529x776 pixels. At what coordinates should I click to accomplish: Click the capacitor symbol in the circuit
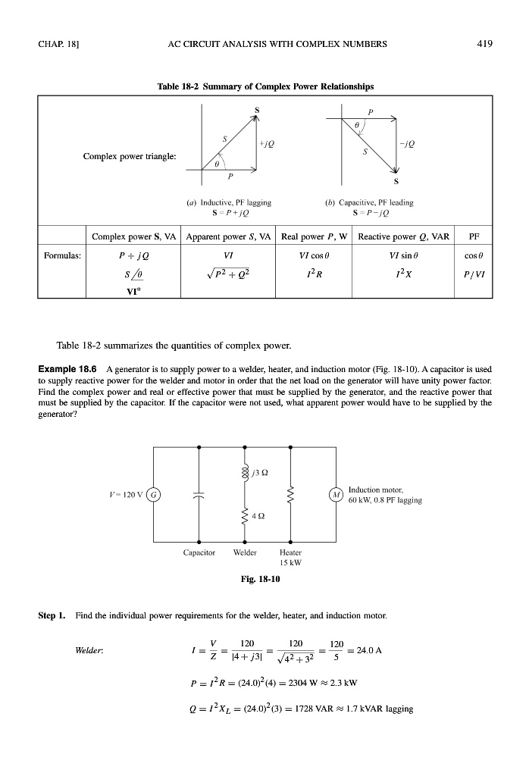pyautogui.click(x=199, y=496)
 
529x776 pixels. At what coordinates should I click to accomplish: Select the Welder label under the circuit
pyautogui.click(x=243, y=552)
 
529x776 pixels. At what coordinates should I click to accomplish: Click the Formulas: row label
pyautogui.click(x=62, y=255)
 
